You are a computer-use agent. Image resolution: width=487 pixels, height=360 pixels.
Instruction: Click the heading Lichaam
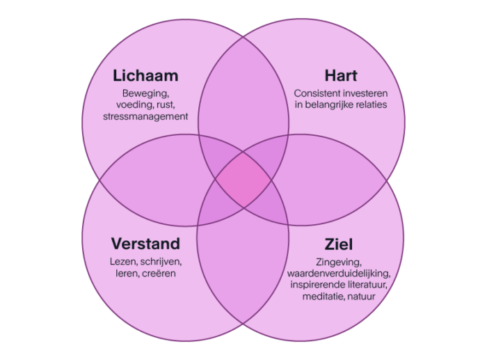point(145,75)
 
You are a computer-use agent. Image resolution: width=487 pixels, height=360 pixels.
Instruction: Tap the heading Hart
point(340,75)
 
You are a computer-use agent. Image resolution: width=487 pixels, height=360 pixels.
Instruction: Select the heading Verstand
point(145,244)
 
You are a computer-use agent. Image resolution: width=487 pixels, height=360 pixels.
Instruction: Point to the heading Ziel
point(339,244)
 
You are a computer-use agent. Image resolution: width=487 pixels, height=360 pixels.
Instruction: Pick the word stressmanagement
point(145,117)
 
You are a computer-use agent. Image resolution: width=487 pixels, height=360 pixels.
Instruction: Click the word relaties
point(368,104)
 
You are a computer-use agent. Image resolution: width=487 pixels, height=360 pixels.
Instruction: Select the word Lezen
point(125,262)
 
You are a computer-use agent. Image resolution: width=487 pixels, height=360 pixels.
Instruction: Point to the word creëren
point(161,274)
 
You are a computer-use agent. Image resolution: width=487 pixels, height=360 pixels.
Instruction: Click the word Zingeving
point(339,262)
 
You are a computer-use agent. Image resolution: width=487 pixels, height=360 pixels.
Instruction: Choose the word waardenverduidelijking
point(339,274)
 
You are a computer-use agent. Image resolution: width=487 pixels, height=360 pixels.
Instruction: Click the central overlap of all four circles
point(243,180)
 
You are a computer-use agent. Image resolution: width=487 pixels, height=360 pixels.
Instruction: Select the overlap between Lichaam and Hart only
point(243,91)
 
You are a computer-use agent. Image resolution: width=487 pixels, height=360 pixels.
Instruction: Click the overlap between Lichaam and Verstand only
point(150,180)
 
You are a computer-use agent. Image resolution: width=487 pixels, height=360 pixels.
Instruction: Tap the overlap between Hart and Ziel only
point(337,180)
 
